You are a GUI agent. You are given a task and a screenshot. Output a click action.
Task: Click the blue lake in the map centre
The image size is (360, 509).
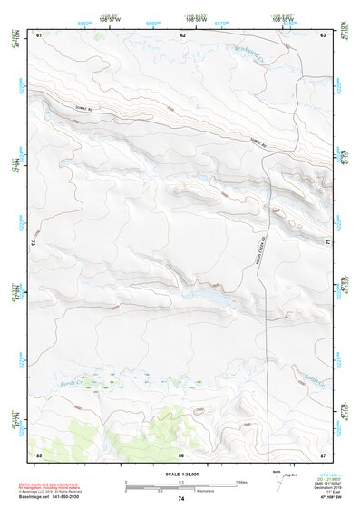pyautogui.click(x=207, y=297)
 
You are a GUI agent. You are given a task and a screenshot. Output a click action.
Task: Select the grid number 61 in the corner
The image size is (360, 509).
pyautogui.click(x=39, y=34)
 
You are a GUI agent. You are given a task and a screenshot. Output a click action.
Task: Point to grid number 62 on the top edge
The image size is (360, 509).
pyautogui.click(x=183, y=34)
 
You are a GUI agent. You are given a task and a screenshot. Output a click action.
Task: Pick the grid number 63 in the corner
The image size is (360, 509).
pyautogui.click(x=323, y=34)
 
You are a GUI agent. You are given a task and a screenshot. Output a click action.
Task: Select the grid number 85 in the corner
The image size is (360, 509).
pyautogui.click(x=39, y=453)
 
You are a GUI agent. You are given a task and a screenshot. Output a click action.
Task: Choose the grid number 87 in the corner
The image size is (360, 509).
pyautogui.click(x=323, y=453)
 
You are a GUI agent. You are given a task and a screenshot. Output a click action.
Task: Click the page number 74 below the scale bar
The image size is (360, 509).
pyautogui.click(x=180, y=499)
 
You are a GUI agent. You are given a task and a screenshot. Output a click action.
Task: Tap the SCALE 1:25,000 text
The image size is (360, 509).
pyautogui.click(x=180, y=475)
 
